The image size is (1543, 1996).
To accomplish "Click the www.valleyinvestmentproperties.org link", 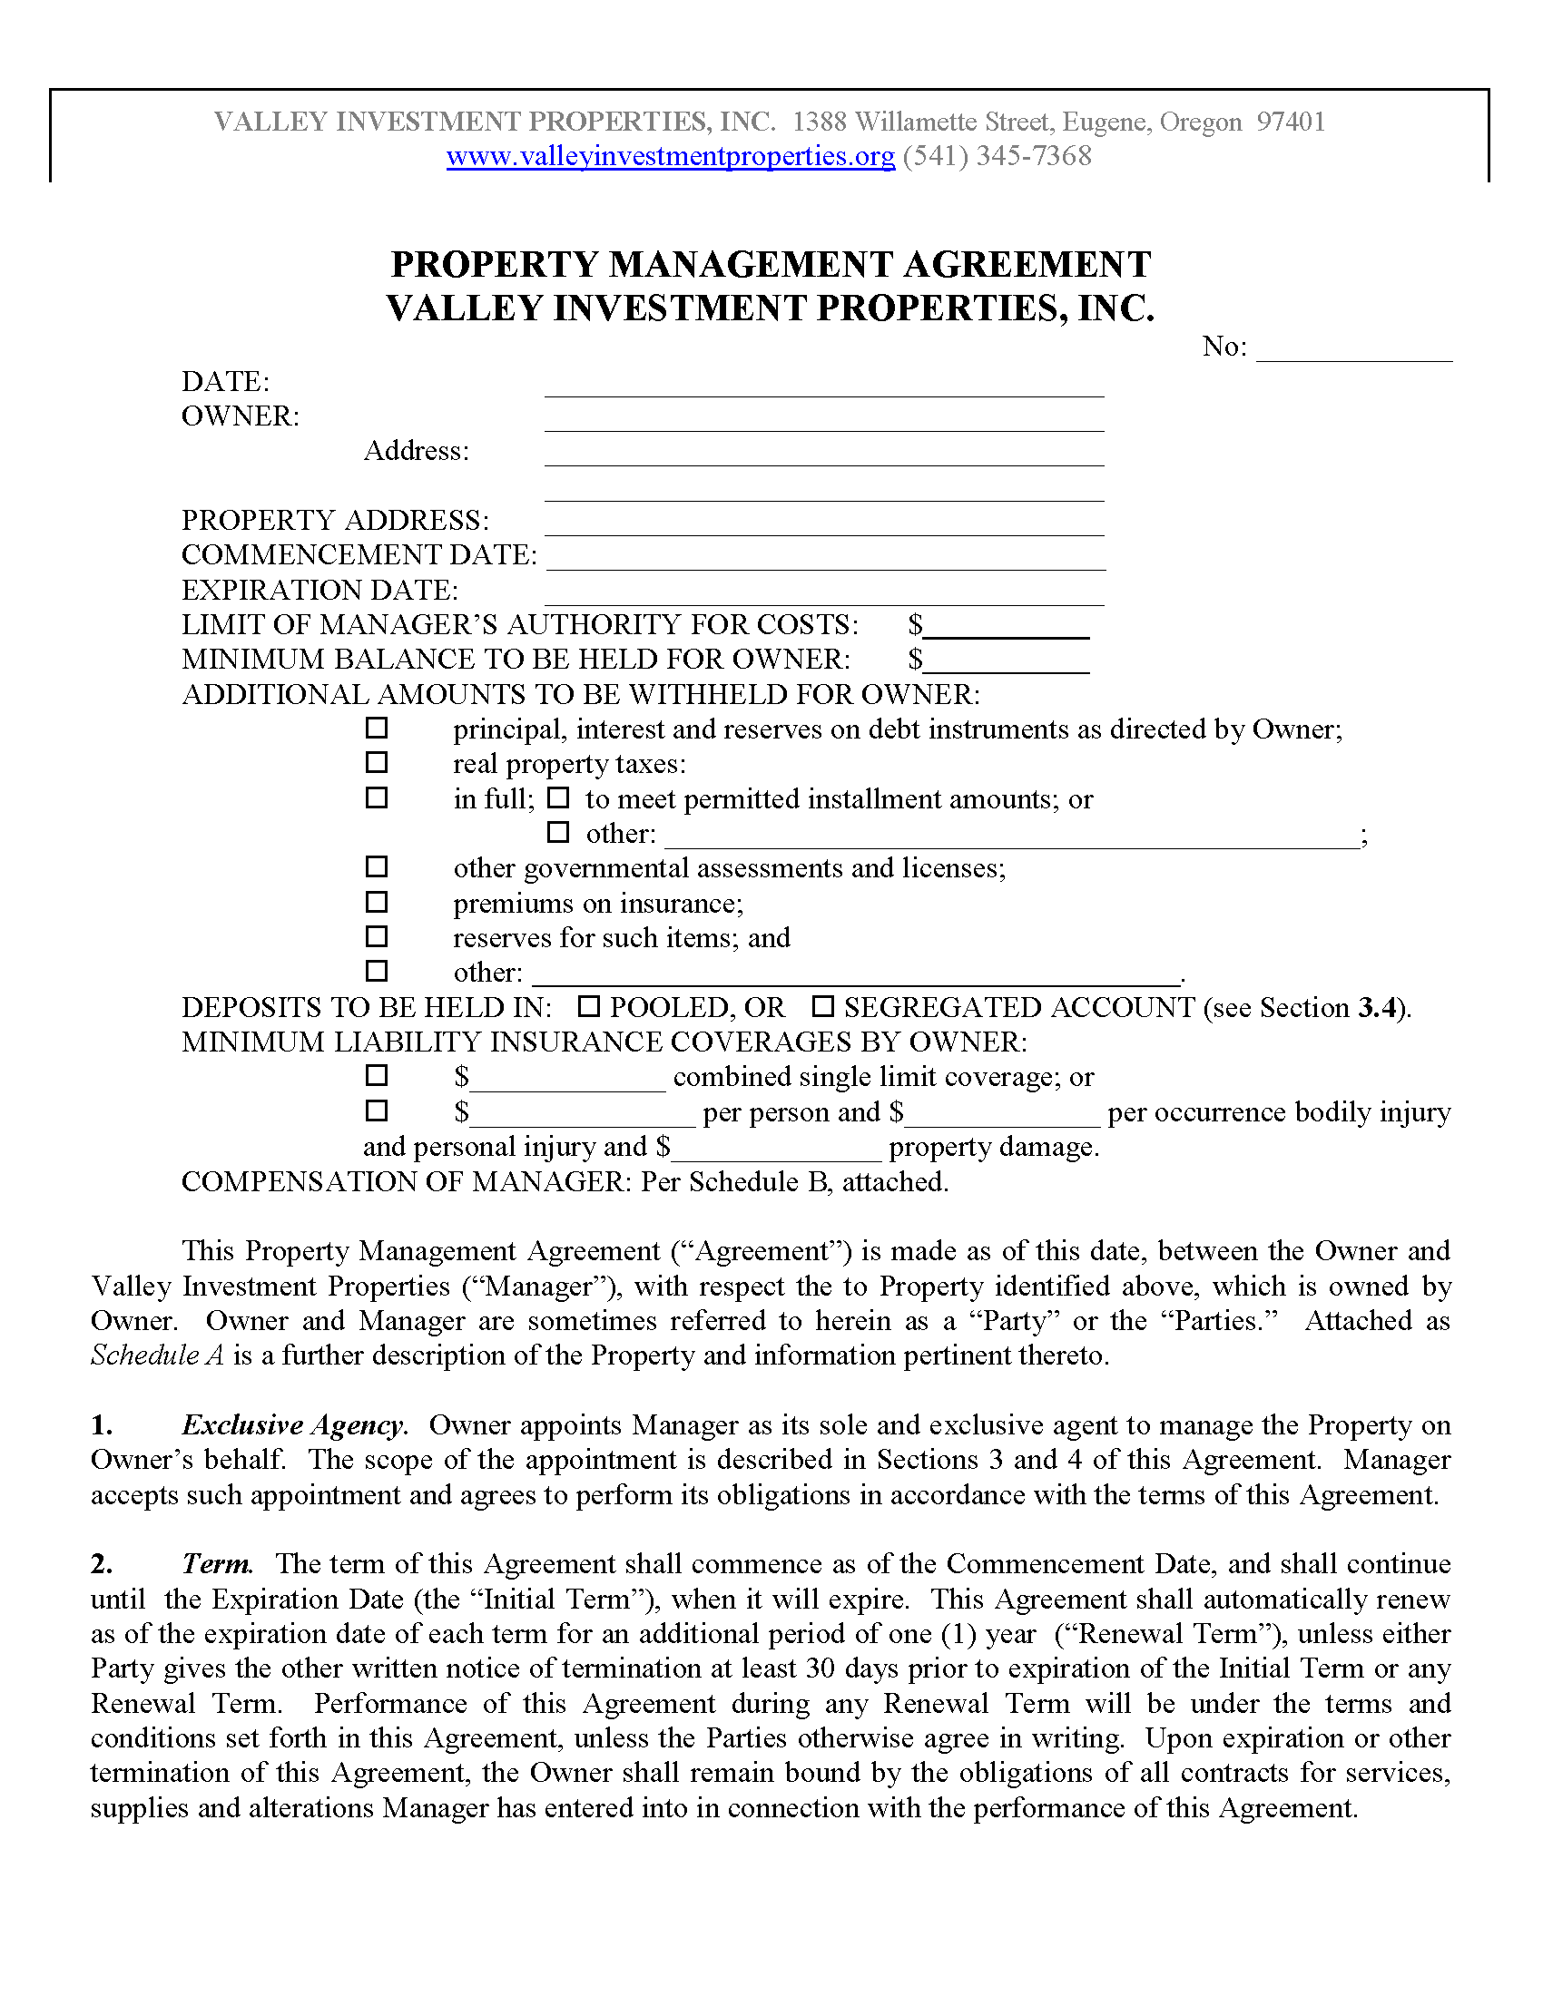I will pyautogui.click(x=670, y=156).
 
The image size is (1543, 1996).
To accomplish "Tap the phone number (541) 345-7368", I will pyautogui.click(x=998, y=156).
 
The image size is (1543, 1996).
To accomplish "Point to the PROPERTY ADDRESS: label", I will pyautogui.click(x=336, y=520).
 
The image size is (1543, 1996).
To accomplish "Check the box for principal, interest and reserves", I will pyautogui.click(x=377, y=729).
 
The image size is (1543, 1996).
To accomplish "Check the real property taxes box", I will pyautogui.click(x=377, y=762).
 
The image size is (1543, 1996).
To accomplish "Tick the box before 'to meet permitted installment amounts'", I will pyautogui.click(x=557, y=797).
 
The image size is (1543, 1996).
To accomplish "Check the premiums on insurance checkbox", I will pyautogui.click(x=377, y=902).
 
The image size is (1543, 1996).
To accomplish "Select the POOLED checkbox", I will pyautogui.click(x=589, y=1006).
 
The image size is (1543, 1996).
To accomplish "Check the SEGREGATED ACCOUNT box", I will pyautogui.click(x=823, y=1006).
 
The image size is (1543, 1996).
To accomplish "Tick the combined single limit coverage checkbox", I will pyautogui.click(x=377, y=1075).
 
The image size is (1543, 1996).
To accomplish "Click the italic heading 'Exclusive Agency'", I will pyautogui.click(x=292, y=1424).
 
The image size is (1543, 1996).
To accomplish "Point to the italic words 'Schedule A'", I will pyautogui.click(x=157, y=1355).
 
